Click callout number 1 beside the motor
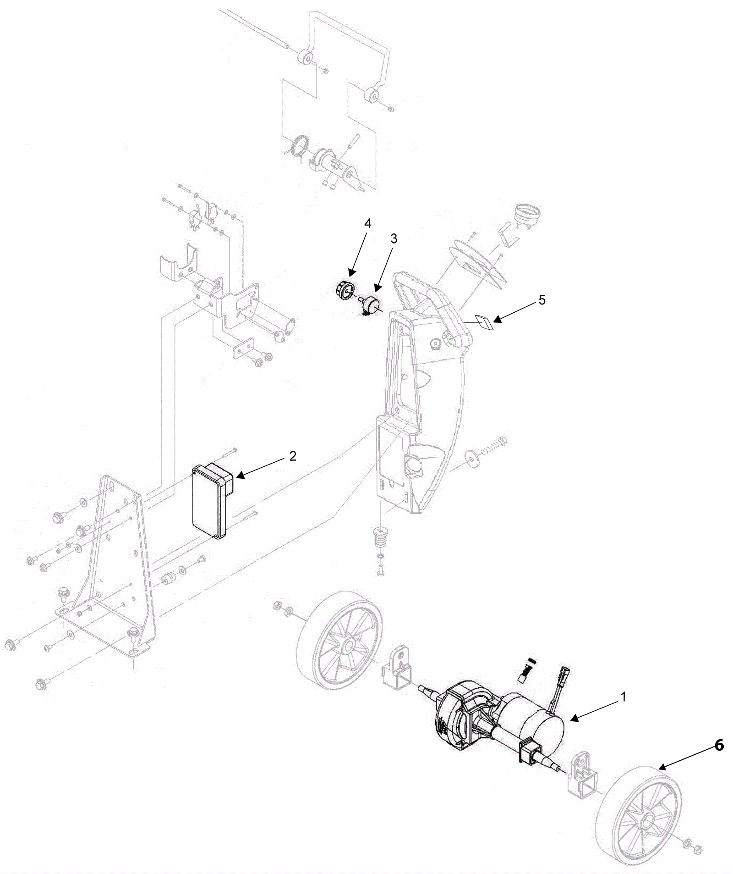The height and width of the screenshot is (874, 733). click(623, 697)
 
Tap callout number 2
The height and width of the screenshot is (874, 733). click(292, 456)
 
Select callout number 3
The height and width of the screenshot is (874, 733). click(394, 238)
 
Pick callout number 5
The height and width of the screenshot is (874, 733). click(542, 300)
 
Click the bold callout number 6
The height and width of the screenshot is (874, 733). click(719, 746)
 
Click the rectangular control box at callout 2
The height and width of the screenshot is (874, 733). click(210, 500)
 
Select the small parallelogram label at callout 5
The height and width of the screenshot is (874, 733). click(484, 322)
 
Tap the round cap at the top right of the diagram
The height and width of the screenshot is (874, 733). click(528, 212)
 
